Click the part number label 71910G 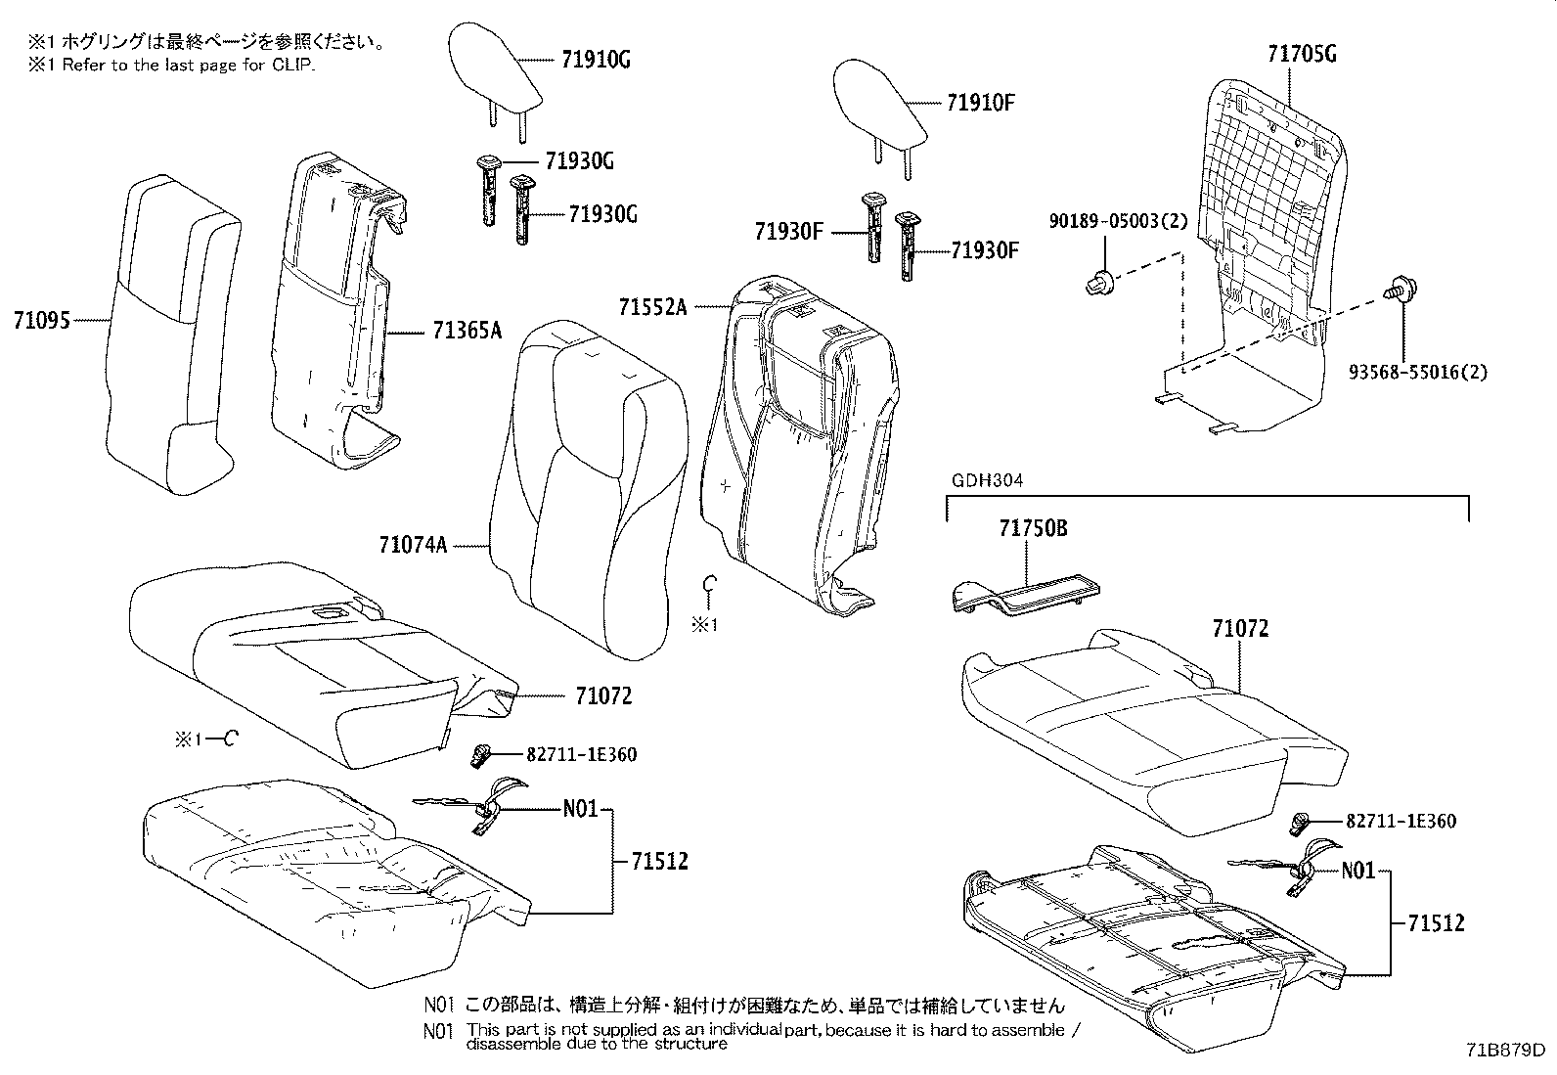click(x=596, y=60)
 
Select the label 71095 click(x=42, y=319)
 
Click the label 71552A click(x=652, y=307)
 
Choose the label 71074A click(x=413, y=544)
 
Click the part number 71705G click(x=1301, y=54)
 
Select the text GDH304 click(x=980, y=480)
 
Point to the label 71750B click(x=1033, y=529)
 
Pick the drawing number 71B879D click(x=1505, y=1051)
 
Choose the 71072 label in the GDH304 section click(x=1240, y=629)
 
